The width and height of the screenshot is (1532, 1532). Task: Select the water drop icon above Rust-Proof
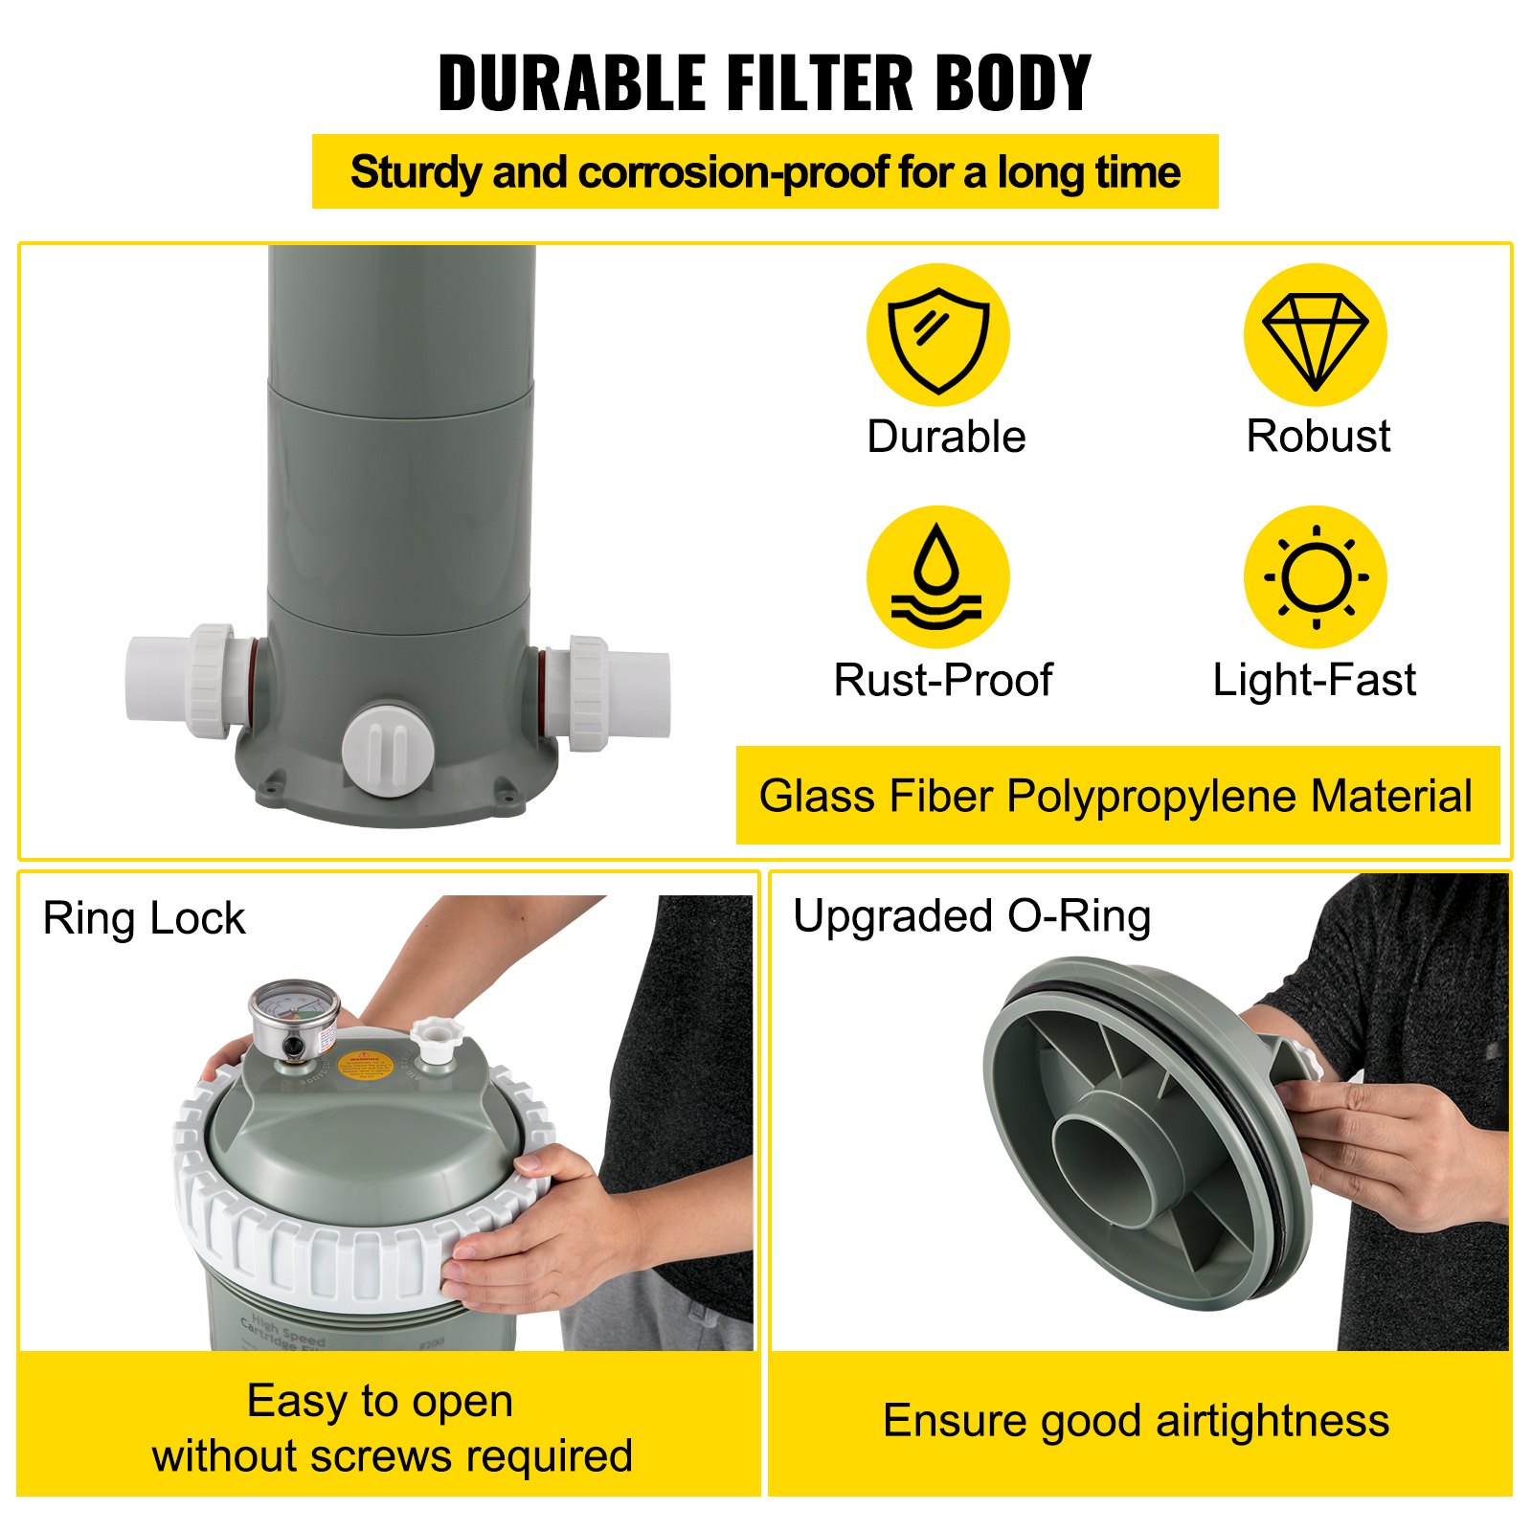tap(937, 577)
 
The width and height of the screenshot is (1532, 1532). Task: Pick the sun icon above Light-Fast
tap(1315, 577)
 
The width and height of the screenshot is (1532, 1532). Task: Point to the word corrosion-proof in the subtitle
tap(733, 173)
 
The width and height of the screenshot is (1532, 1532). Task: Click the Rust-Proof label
tap(942, 681)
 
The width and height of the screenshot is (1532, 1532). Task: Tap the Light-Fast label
tap(1314, 681)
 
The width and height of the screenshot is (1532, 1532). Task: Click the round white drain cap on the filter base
tap(388, 752)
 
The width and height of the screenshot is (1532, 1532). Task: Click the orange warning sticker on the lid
tap(363, 1066)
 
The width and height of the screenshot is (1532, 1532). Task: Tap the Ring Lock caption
tap(144, 919)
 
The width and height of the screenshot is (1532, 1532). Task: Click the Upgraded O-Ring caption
tap(971, 916)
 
